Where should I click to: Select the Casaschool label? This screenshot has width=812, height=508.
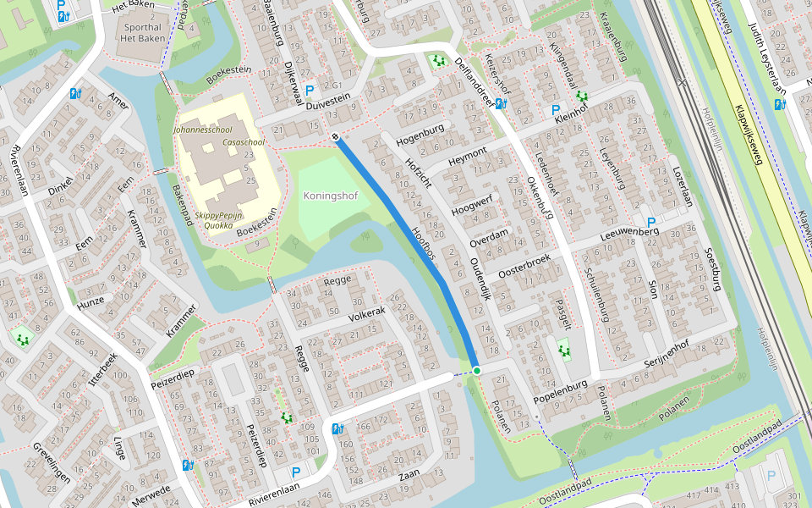coord(244,142)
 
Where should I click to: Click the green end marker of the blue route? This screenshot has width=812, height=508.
coord(477,371)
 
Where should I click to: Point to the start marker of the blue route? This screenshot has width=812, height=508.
coord(336,136)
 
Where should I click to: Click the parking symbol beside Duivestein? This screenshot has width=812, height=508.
coord(310,89)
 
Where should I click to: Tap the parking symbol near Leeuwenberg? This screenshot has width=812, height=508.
coord(651,222)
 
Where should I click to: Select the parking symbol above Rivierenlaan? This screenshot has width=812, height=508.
coord(295,472)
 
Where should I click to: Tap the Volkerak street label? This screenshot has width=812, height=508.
coord(366,315)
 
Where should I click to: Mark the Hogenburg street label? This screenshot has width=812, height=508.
coord(420,133)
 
